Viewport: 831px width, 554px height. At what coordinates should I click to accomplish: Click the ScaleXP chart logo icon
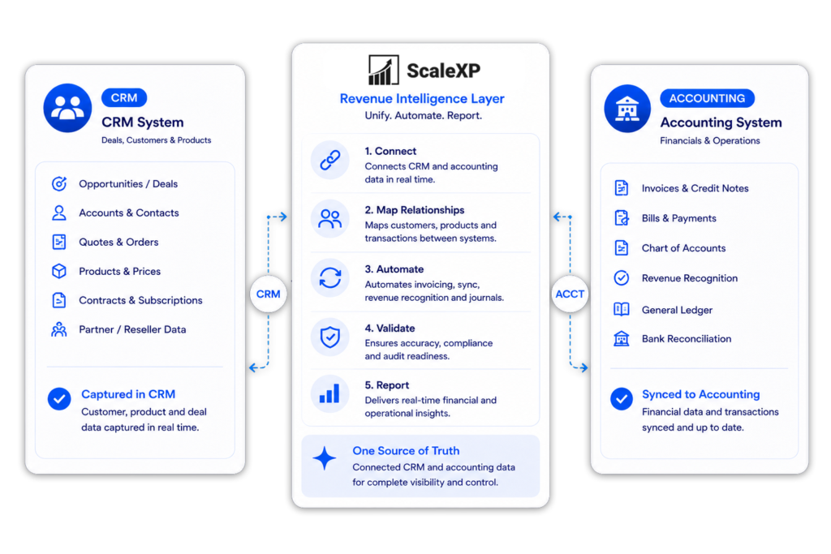[383, 70]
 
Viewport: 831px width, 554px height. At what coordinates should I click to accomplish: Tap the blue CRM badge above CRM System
[124, 98]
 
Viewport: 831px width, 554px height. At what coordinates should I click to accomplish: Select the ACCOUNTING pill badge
[707, 98]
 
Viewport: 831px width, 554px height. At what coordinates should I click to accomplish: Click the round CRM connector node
[268, 294]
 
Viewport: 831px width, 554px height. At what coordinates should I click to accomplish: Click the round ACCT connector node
[570, 294]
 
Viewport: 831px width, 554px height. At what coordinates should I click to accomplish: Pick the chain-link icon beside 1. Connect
[329, 160]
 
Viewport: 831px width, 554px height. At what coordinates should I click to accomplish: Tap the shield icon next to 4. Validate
[329, 337]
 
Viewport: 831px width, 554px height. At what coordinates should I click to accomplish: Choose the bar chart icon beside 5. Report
[329, 394]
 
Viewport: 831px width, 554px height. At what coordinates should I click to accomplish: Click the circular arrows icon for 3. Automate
[329, 277]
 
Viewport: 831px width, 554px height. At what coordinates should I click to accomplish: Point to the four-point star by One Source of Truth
[325, 458]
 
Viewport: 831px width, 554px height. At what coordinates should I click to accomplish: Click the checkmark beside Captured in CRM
[59, 399]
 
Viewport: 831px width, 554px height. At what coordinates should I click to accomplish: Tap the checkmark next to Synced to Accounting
[621, 399]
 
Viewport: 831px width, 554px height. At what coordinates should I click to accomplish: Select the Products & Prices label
[120, 271]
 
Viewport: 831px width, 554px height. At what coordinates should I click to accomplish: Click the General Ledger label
[677, 310]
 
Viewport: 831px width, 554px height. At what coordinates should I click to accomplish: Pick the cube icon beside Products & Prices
[59, 271]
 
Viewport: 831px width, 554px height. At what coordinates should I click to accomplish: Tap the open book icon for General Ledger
[621, 309]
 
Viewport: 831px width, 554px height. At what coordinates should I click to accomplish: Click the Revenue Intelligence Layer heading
[422, 98]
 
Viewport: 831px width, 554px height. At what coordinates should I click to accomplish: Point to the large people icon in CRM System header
[67, 108]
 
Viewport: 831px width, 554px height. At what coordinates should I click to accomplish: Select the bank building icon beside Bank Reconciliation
[621, 338]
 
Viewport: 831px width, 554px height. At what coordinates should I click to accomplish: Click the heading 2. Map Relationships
[415, 210]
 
